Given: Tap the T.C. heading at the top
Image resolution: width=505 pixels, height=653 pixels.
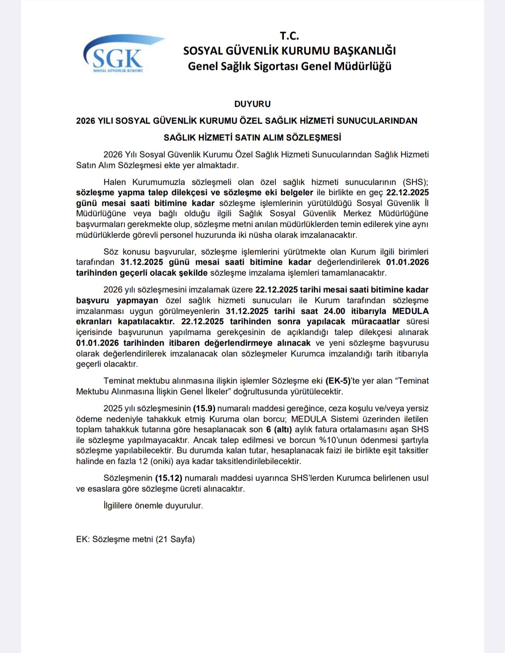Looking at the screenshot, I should [289, 36].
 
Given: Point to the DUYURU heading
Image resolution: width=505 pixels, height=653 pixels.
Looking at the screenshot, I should [252, 104].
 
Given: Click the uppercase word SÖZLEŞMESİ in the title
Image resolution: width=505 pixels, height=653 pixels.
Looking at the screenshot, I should [313, 137].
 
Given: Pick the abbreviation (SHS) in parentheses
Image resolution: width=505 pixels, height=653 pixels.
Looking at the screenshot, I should [416, 182].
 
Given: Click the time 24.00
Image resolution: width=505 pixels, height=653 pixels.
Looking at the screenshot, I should [334, 311].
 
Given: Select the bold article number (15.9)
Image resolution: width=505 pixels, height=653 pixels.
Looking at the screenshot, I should [203, 409].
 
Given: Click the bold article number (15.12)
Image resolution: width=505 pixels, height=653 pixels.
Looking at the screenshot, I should [168, 478].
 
